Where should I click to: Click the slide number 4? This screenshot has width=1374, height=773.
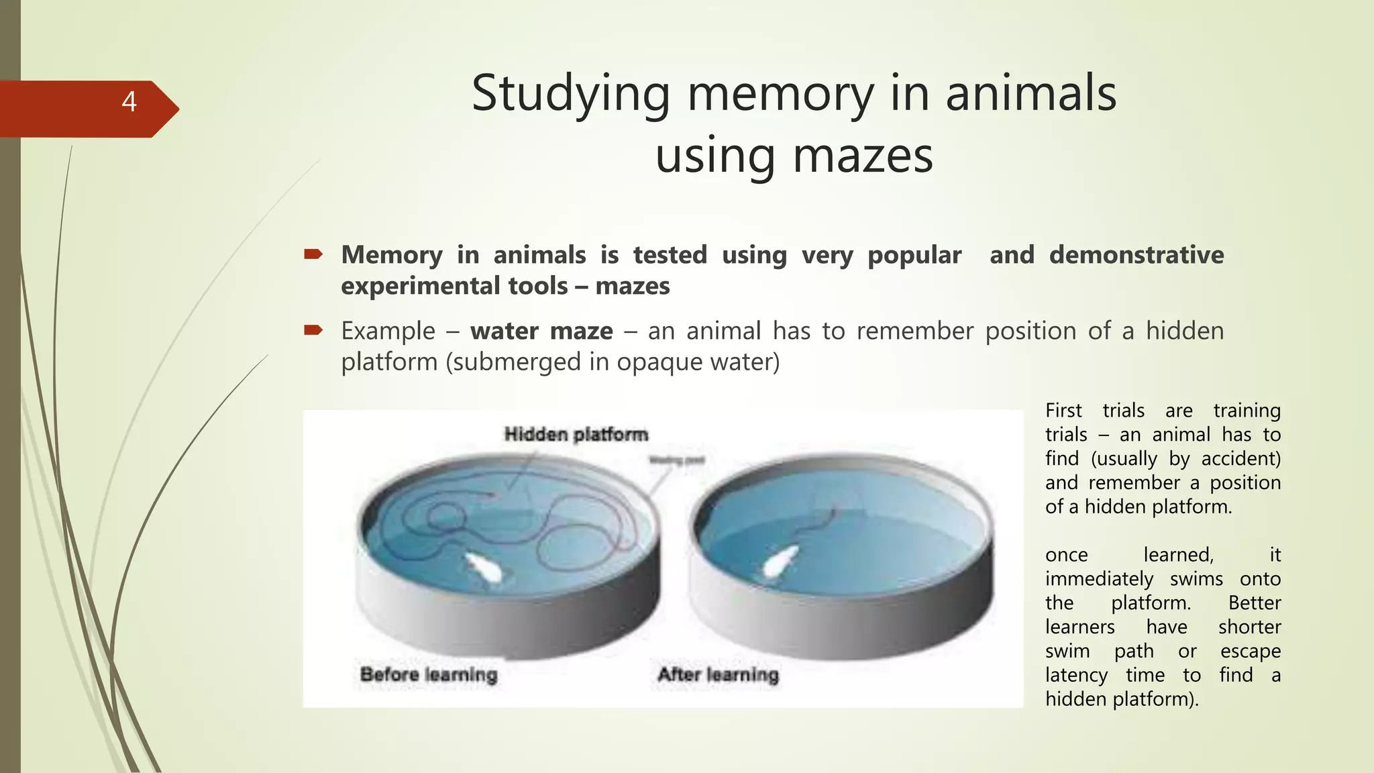129,102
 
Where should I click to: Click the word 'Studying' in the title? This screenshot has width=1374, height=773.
570,93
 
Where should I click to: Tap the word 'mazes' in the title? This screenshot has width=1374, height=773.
863,156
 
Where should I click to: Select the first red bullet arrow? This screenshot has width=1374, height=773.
313,254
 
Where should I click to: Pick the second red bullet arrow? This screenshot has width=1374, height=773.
313,330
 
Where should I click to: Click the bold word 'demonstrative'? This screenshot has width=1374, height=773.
1137,255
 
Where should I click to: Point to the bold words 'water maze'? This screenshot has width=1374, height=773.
541,331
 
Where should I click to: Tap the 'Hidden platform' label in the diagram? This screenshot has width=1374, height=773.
576,435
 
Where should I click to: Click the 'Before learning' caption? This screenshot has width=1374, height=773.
429,674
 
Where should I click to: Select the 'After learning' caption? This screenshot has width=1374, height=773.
718,674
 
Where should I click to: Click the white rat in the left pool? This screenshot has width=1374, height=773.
486,568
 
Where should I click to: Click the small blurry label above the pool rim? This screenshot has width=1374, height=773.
676,460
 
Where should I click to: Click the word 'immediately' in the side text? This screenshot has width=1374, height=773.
1099,579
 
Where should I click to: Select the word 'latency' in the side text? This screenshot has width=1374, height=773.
1076,675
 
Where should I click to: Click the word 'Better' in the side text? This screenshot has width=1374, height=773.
1254,603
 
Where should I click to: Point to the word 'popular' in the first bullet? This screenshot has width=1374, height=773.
914,255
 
